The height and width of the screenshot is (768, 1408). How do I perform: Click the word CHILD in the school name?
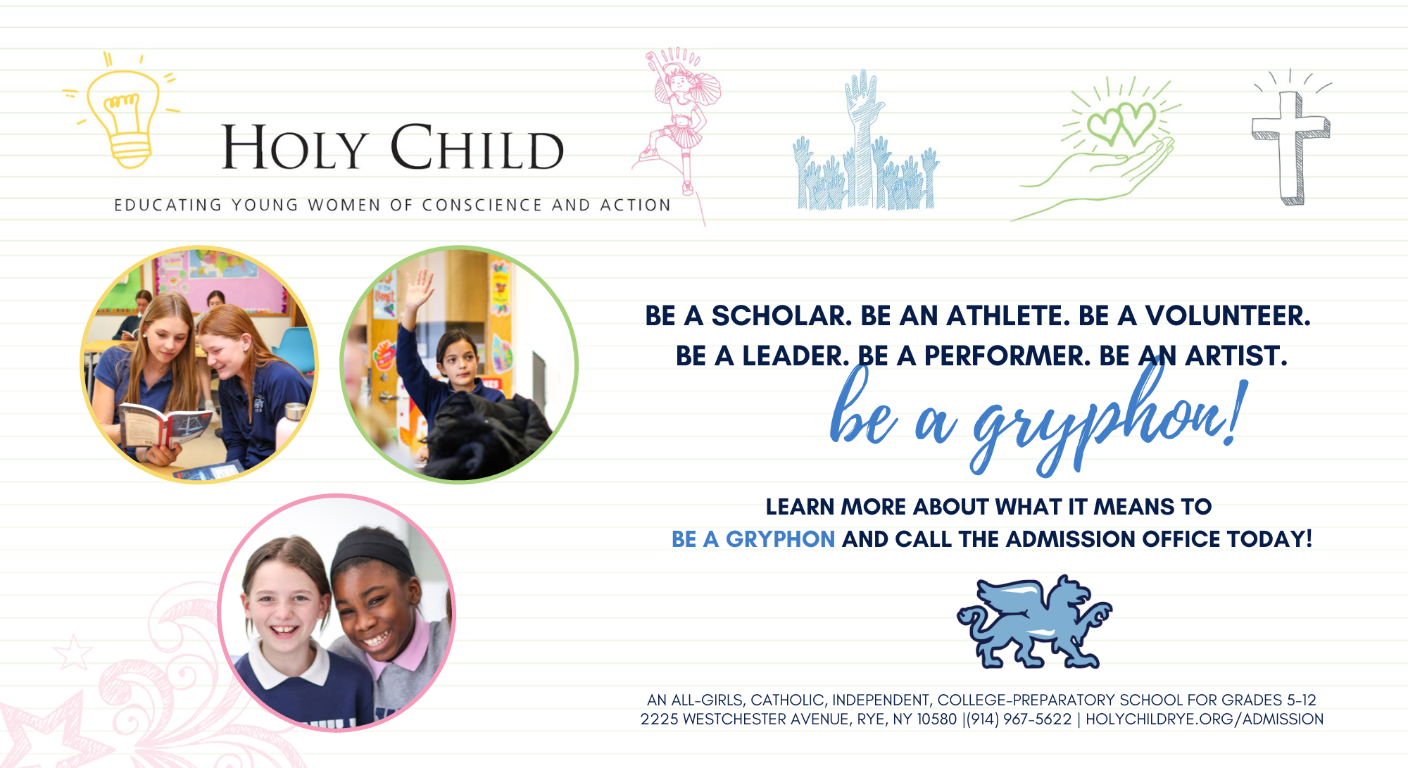[477, 147]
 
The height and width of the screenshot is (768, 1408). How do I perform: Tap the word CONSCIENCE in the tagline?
[482, 205]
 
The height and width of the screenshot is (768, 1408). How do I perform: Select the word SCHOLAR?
[781, 316]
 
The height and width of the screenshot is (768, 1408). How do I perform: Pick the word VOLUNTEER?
[1228, 316]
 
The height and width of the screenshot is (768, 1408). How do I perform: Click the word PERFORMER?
[1007, 356]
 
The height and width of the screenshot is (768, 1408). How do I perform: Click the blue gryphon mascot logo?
[1034, 622]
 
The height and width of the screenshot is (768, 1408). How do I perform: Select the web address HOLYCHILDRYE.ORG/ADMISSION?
[1204, 719]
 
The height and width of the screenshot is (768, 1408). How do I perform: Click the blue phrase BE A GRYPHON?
[753, 539]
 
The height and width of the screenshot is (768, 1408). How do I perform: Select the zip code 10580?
[937, 719]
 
